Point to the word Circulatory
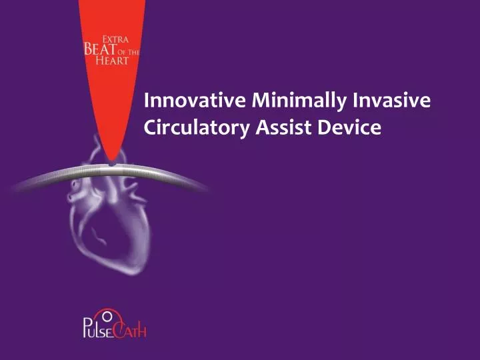tap(197, 127)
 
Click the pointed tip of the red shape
tap(113, 161)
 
